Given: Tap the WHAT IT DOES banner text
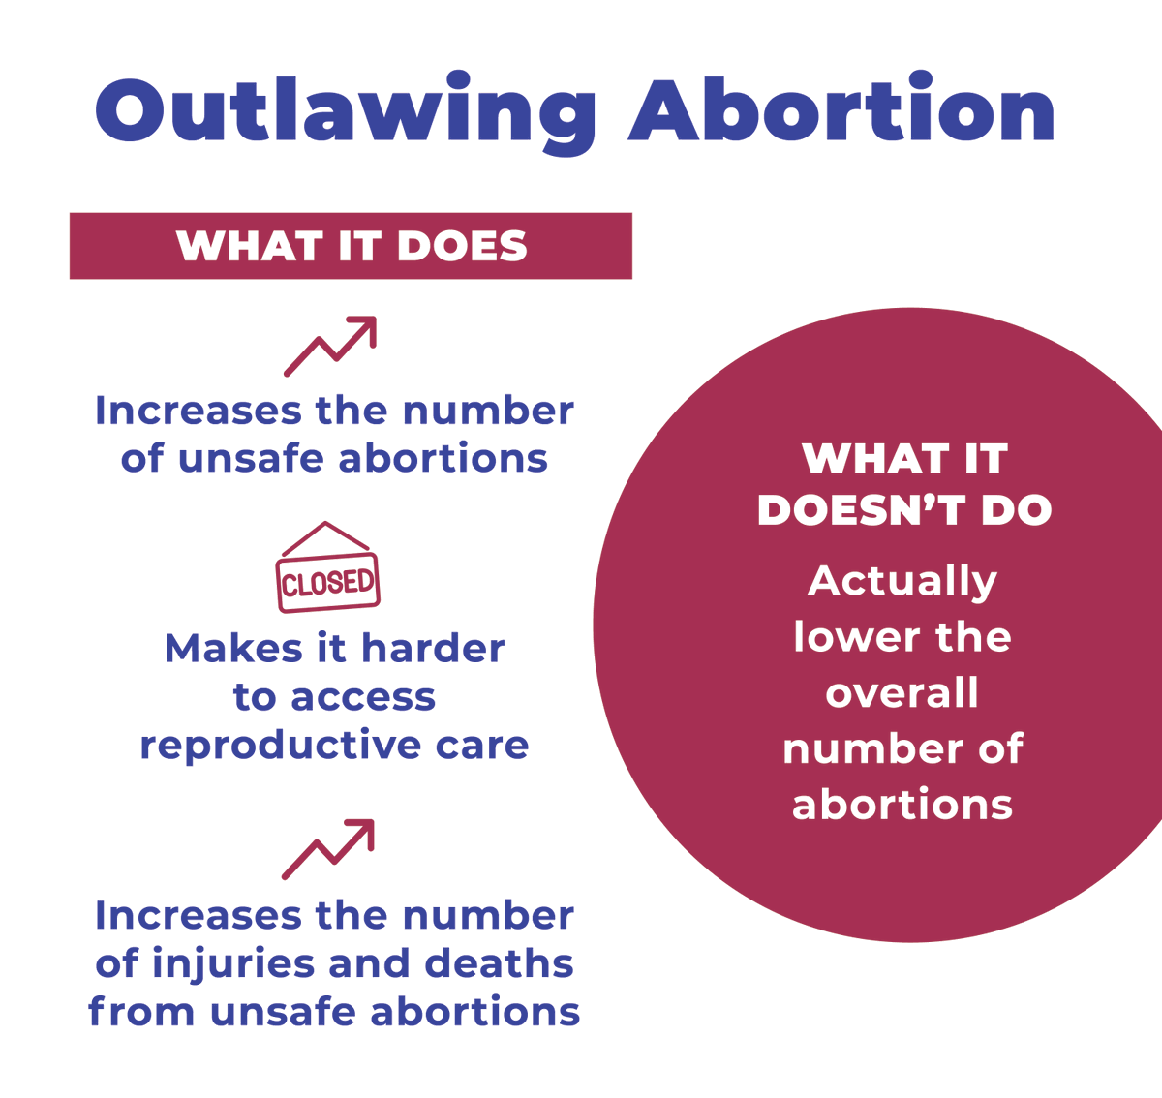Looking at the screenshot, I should [x=352, y=246].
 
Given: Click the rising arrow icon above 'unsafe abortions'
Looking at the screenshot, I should [x=330, y=346].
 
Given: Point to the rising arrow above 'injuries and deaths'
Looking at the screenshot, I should [x=328, y=849].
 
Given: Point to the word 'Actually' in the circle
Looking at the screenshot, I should [x=902, y=582].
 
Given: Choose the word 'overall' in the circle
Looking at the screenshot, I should [x=902, y=693].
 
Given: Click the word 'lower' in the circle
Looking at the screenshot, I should [x=843, y=637].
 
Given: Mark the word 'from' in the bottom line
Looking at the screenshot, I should [x=141, y=1012].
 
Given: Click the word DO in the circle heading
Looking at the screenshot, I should [x=1016, y=511].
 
